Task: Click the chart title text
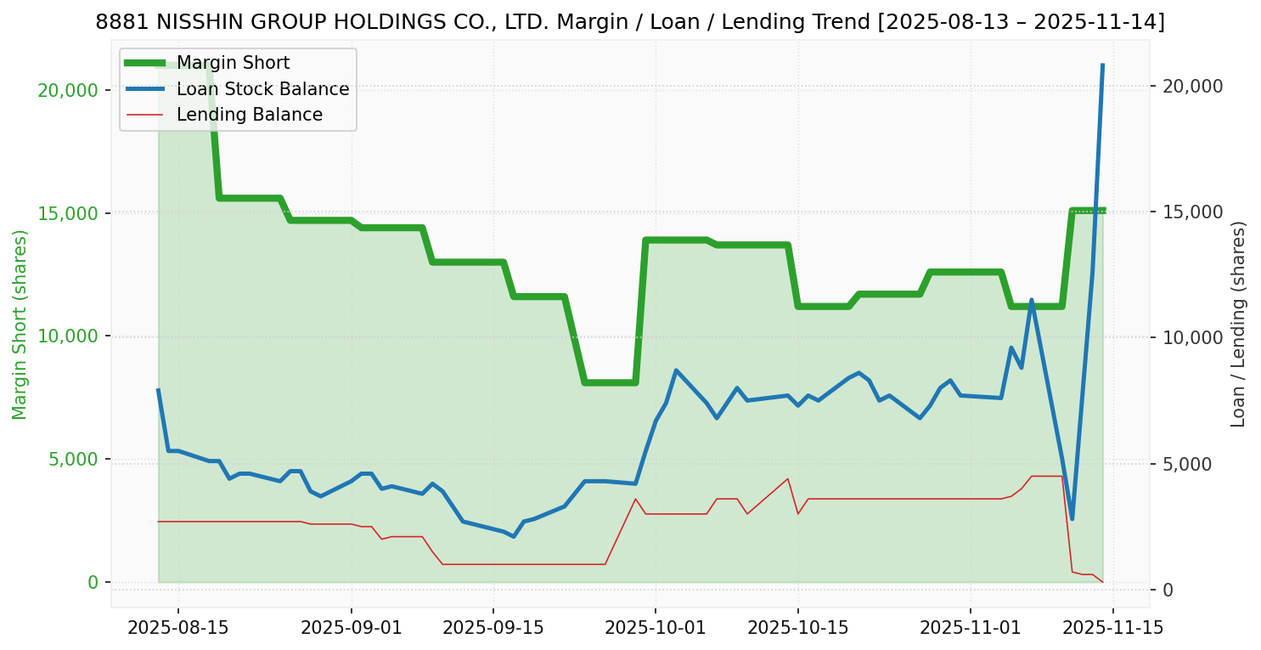tap(630, 22)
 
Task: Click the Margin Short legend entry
tap(233, 63)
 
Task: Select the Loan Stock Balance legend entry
tap(262, 89)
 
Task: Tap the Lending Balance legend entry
tap(249, 115)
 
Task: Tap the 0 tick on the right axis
tap(1169, 590)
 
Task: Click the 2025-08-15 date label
tap(177, 628)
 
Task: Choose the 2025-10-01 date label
tap(656, 628)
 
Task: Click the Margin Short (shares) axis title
tap(20, 325)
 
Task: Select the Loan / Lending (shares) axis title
tap(1239, 325)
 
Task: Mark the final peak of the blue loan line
tap(1102, 65)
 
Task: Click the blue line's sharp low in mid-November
tap(1072, 518)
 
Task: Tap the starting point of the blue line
tap(158, 390)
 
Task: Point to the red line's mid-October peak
tap(788, 478)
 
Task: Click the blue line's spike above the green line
tap(1032, 300)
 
